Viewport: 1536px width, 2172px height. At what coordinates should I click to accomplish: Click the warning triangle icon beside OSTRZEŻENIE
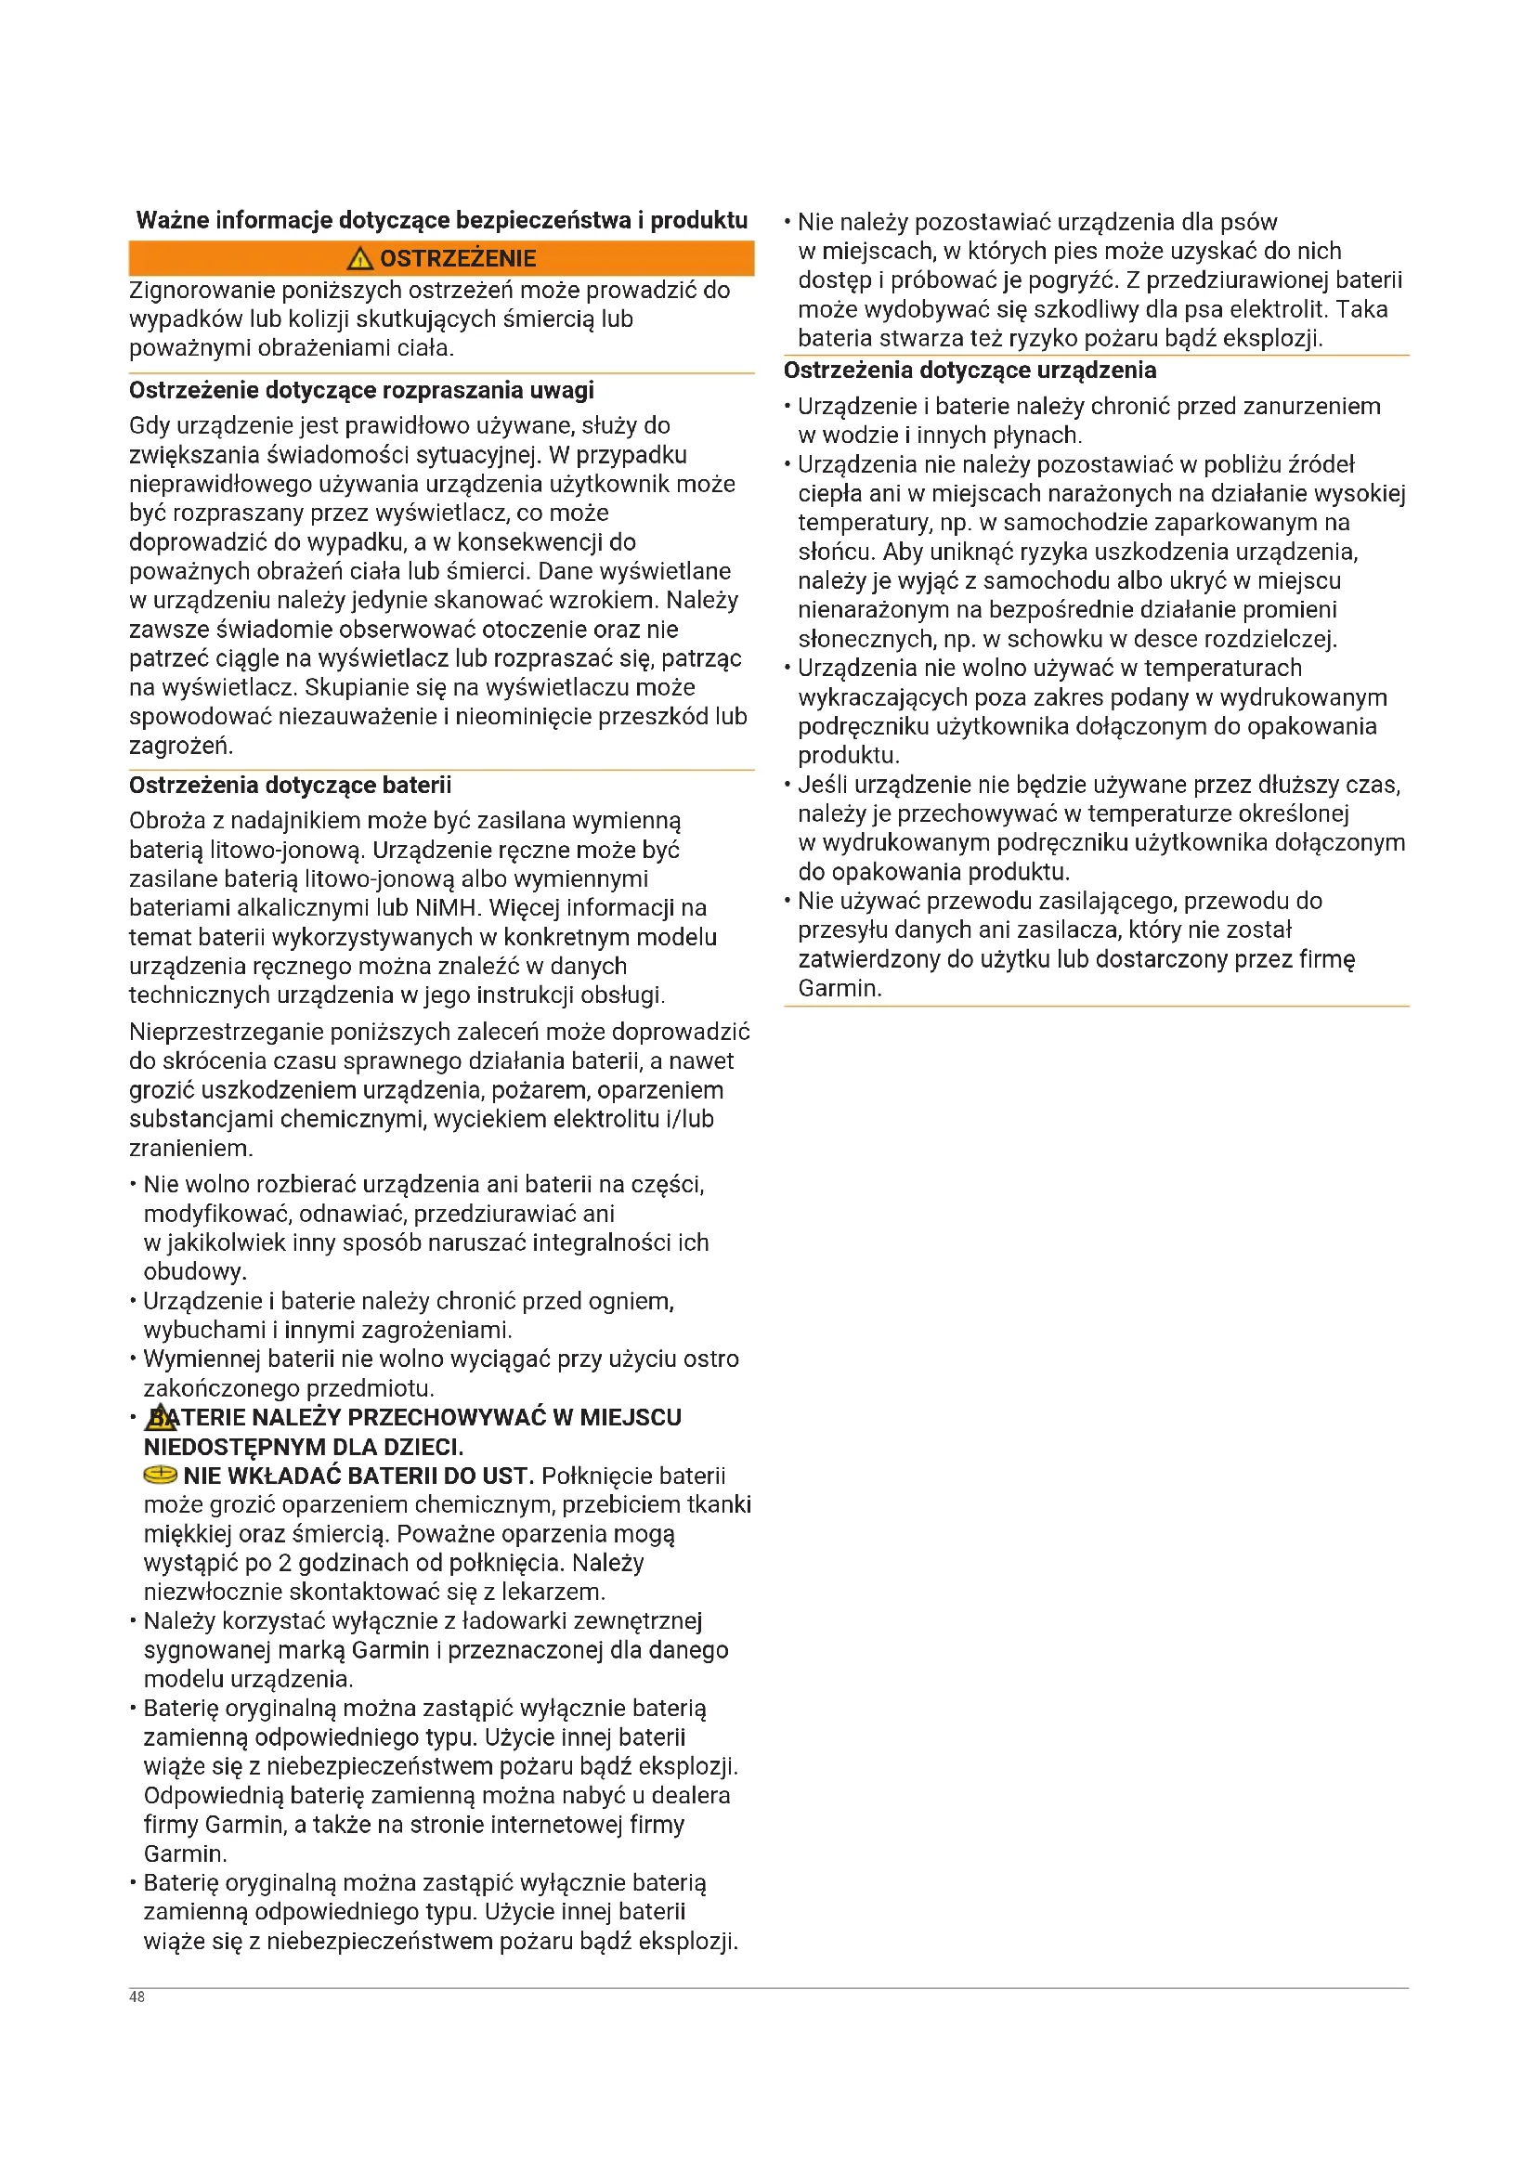(360, 258)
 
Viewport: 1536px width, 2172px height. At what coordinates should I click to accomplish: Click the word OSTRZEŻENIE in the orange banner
(458, 259)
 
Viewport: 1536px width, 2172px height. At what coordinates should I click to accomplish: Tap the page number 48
(137, 1996)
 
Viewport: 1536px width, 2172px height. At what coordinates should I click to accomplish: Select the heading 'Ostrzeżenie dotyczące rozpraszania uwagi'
(361, 391)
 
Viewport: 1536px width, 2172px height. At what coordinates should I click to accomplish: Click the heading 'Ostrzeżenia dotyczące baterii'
(290, 786)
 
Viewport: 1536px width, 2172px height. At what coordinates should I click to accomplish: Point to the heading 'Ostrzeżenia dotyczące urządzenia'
(970, 371)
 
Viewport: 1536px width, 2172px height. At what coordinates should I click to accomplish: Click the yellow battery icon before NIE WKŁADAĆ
(160, 1475)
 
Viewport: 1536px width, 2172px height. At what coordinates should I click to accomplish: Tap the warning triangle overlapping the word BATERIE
(161, 1417)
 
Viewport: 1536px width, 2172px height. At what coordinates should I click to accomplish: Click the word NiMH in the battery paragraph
(445, 908)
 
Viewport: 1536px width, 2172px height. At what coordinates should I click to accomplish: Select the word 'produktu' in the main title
(699, 220)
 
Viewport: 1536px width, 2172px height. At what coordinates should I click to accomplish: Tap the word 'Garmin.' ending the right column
(839, 989)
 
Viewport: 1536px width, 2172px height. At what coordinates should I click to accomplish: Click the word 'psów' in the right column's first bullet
(1248, 222)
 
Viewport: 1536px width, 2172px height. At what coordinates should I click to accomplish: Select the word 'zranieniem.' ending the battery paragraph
(190, 1149)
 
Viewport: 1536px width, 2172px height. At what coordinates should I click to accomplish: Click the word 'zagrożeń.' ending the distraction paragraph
(181, 747)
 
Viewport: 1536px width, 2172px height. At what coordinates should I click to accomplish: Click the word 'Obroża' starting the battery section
(166, 821)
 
